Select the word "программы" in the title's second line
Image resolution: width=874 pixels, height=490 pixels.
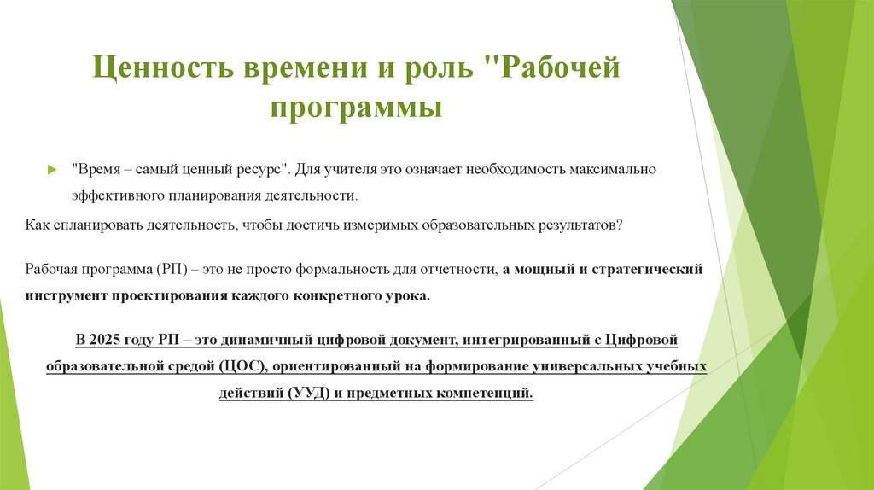click(356, 110)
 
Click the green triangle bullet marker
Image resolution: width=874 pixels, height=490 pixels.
click(51, 169)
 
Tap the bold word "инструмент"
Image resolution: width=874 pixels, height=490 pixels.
click(67, 295)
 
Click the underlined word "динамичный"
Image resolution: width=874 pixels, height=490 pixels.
click(260, 340)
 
